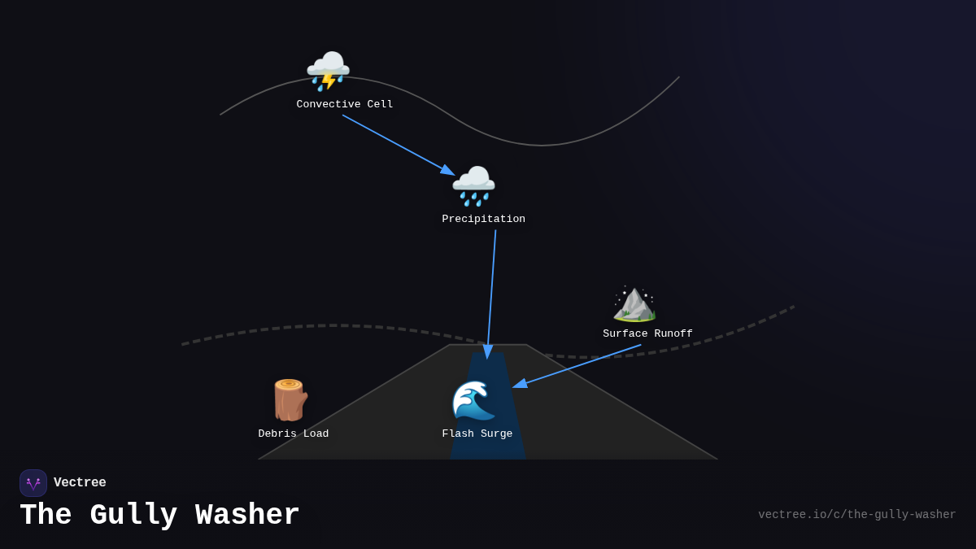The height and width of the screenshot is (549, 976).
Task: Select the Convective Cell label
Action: (x=345, y=105)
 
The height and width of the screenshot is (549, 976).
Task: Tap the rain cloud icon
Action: (x=473, y=185)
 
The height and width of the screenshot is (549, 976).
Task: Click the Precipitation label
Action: (x=483, y=220)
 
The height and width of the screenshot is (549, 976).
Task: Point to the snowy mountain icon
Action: (x=634, y=303)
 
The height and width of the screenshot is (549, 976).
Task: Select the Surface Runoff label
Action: (x=647, y=334)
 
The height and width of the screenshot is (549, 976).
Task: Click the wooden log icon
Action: (x=289, y=399)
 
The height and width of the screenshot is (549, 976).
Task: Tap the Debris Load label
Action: (x=294, y=434)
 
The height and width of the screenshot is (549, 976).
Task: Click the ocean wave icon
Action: (x=473, y=399)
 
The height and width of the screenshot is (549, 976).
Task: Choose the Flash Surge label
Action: (x=477, y=434)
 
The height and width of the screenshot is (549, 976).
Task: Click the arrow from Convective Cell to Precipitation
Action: (x=398, y=145)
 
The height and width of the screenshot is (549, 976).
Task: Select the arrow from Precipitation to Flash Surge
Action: (x=491, y=293)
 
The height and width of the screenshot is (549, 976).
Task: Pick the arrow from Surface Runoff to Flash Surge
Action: (x=577, y=366)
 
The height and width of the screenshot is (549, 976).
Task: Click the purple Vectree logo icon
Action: (x=33, y=483)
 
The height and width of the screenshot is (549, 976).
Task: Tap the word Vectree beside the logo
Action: (x=80, y=483)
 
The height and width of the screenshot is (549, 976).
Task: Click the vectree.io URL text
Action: (x=856, y=515)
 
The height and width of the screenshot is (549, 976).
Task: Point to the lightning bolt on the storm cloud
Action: (x=328, y=80)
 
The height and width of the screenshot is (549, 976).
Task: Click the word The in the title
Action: (x=46, y=516)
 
